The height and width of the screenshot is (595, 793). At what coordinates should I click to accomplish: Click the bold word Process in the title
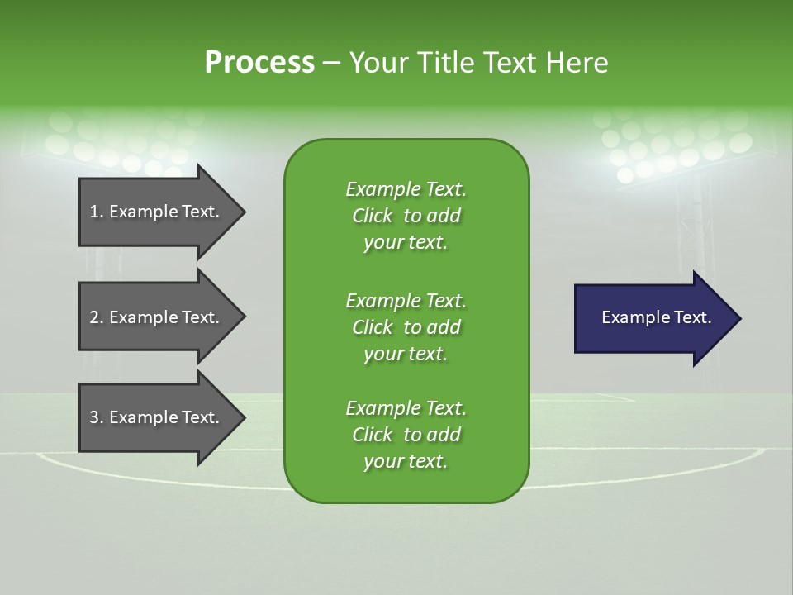click(259, 63)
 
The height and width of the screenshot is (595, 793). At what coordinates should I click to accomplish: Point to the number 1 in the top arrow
click(94, 212)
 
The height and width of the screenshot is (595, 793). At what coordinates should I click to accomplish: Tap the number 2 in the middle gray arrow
click(94, 317)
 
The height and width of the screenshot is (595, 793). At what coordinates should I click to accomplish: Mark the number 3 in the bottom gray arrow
click(94, 417)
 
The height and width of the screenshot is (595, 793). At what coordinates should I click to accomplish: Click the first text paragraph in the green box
click(406, 216)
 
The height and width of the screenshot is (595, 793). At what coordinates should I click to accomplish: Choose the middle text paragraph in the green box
click(406, 327)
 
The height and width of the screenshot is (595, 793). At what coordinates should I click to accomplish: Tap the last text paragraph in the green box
click(406, 435)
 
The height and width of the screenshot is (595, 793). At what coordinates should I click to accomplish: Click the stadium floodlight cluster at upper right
click(669, 145)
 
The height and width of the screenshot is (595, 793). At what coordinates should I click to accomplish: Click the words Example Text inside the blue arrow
click(657, 317)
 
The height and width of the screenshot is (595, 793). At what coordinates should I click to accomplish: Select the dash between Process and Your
click(331, 64)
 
